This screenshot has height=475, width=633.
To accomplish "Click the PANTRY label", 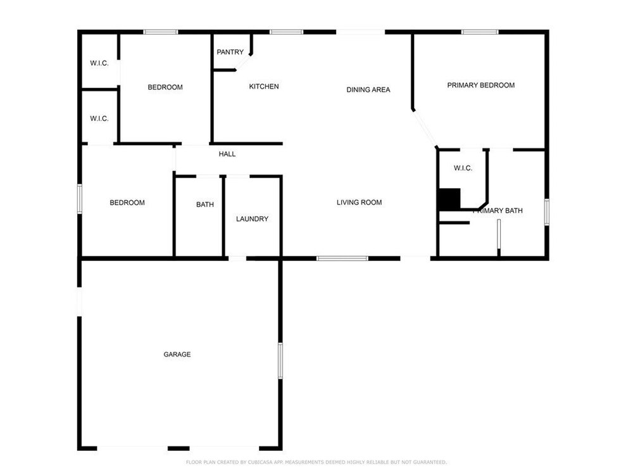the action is pyautogui.click(x=230, y=52).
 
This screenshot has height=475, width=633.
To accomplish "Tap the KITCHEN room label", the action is pyautogui.click(x=263, y=86).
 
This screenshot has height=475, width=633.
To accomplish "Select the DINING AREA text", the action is pyautogui.click(x=368, y=90).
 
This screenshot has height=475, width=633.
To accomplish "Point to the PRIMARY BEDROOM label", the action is pyautogui.click(x=481, y=85).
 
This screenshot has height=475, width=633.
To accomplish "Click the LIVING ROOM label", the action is pyautogui.click(x=360, y=203).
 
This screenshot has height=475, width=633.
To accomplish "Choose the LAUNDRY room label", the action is pyautogui.click(x=253, y=219).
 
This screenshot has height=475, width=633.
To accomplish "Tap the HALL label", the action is pyautogui.click(x=227, y=154).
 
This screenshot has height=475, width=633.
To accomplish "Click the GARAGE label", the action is pyautogui.click(x=177, y=354).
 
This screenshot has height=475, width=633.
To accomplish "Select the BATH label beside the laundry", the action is pyautogui.click(x=205, y=205).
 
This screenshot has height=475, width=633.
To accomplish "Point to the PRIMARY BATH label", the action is pyautogui.click(x=498, y=210).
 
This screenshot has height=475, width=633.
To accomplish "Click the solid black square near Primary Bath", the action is pyautogui.click(x=449, y=199).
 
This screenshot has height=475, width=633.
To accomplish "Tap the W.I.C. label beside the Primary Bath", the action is pyautogui.click(x=463, y=168).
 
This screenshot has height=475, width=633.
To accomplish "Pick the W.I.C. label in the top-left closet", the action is pyautogui.click(x=99, y=63).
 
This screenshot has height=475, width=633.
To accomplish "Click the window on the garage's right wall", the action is pyautogui.click(x=280, y=361).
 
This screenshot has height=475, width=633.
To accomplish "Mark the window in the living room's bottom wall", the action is pyautogui.click(x=342, y=258).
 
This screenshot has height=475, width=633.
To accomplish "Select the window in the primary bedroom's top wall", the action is pyautogui.click(x=480, y=32).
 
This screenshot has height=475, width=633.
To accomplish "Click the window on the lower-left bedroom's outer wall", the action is pyautogui.click(x=80, y=199).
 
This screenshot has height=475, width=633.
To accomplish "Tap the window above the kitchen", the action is pyautogui.click(x=287, y=32).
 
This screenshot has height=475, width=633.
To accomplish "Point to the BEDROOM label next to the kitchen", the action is pyautogui.click(x=165, y=87).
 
